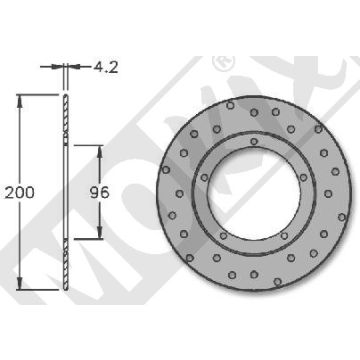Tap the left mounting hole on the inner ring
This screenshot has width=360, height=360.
tap(204, 193)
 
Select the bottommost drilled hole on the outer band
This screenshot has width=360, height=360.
tap(256, 283)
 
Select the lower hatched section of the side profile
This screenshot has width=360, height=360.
tap(65, 262)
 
